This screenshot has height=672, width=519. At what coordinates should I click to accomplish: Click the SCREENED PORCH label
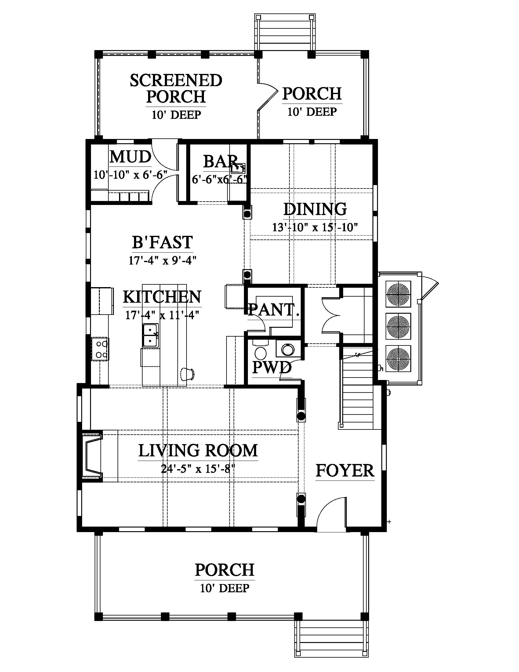click(x=176, y=89)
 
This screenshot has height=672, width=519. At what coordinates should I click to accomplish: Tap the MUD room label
click(x=130, y=157)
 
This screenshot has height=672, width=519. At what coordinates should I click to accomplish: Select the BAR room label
click(x=220, y=161)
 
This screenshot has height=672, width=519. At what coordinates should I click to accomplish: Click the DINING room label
click(x=315, y=209)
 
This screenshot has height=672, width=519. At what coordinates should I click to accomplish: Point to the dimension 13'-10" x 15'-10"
click(x=315, y=227)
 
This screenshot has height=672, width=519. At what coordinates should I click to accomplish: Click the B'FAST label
click(x=162, y=242)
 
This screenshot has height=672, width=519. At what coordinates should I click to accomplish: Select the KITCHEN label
click(x=162, y=297)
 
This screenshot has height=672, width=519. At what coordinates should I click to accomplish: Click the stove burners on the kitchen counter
click(x=100, y=349)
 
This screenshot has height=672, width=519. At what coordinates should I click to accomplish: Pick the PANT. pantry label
click(x=274, y=309)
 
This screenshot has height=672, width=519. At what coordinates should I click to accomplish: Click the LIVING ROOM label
click(x=198, y=451)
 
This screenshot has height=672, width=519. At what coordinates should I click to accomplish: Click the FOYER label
click(x=345, y=471)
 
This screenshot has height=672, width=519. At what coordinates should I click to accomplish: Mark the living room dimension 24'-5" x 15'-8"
click(x=198, y=469)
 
